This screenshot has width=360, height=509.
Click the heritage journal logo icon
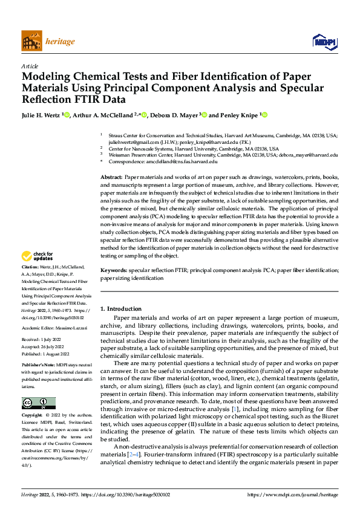pyautogui.click(x=31, y=41)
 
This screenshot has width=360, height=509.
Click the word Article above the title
pyautogui.click(x=30, y=66)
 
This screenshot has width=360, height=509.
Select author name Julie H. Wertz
pyautogui.click(x=42, y=114)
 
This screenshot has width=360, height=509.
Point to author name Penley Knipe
pyautogui.click(x=239, y=114)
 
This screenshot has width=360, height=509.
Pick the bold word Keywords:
pyautogui.click(x=114, y=271)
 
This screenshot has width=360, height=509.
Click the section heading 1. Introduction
pyautogui.click(x=121, y=308)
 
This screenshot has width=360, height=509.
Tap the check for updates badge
pyautogui.click(x=39, y=273)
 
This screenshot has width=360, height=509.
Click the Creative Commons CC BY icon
pyautogui.click(x=39, y=403)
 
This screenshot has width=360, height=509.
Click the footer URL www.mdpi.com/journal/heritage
pyautogui.click(x=293, y=494)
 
